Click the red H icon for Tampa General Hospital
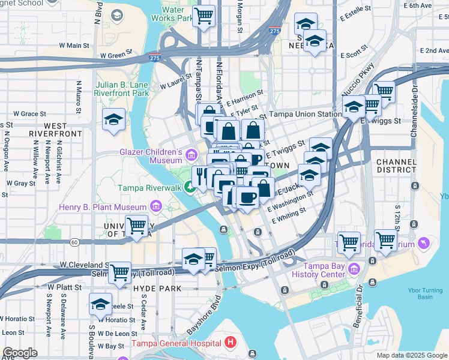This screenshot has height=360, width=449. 231,343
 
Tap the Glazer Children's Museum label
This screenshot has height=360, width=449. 151,156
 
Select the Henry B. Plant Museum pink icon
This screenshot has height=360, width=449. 156,207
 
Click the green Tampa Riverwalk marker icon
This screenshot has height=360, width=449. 190,188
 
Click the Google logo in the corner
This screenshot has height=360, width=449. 20,353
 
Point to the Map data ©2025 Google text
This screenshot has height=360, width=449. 411,355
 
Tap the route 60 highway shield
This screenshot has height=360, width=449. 74,242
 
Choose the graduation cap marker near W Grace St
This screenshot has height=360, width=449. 113,121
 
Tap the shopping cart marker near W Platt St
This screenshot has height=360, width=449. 120,272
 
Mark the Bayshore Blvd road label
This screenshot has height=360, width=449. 202,316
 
